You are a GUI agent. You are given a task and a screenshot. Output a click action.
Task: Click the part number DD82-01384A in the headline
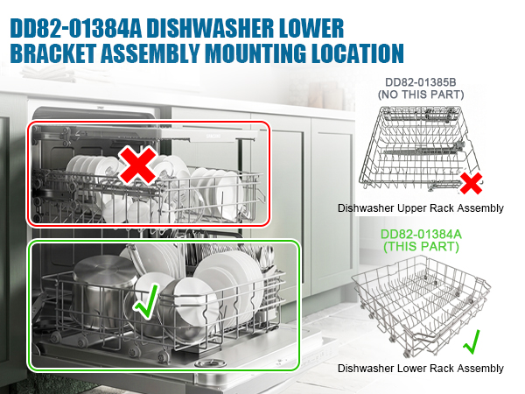click(x=76, y=29)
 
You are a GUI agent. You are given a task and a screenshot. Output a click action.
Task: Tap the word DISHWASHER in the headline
click(x=210, y=29)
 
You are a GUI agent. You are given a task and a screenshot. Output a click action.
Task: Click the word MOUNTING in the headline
click(x=255, y=53)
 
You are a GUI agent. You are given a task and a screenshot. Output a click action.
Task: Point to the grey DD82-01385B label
click(x=421, y=82)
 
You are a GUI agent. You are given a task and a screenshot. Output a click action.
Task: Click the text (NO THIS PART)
click(x=421, y=95)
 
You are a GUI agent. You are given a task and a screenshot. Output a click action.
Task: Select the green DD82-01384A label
click(x=421, y=234)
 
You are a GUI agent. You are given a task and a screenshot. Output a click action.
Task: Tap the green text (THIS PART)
click(x=421, y=247)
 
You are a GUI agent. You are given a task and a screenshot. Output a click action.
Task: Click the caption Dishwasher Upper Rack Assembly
click(x=421, y=208)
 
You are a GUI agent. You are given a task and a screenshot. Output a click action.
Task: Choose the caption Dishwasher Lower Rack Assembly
click(x=421, y=369)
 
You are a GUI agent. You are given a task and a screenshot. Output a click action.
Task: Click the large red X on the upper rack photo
click(x=137, y=165)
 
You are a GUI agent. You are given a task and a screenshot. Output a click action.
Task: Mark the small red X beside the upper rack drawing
click(x=471, y=183)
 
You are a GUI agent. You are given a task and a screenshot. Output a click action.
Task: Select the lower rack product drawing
click(x=421, y=306)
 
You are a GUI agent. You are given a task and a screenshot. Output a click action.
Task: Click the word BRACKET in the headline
click(x=53, y=53)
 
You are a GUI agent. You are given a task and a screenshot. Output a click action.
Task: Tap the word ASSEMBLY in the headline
click(x=150, y=53)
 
